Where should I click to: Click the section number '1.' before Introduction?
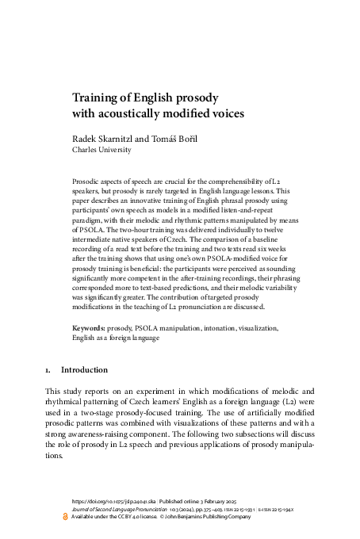49,369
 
